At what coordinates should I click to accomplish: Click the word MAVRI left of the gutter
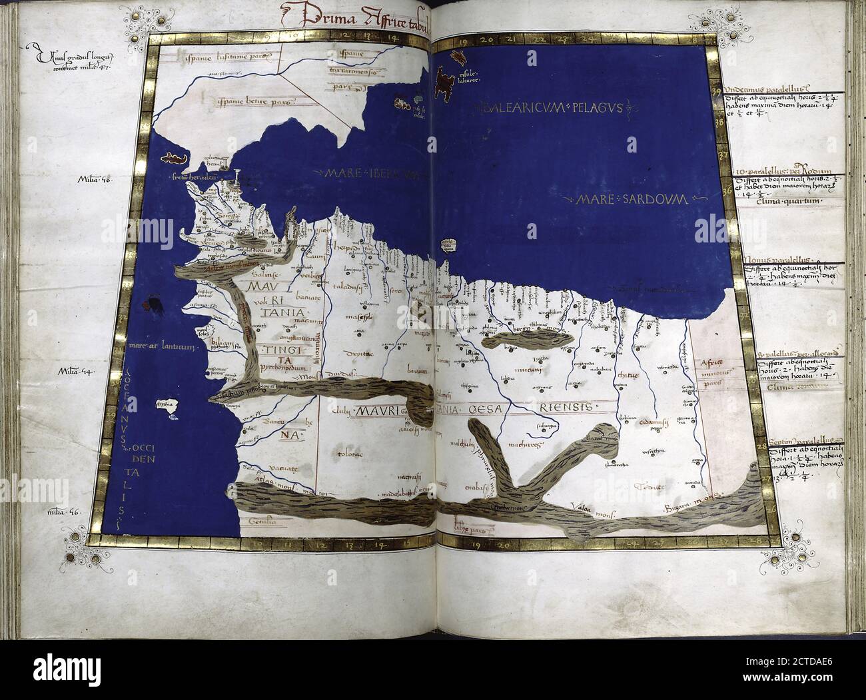375,411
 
